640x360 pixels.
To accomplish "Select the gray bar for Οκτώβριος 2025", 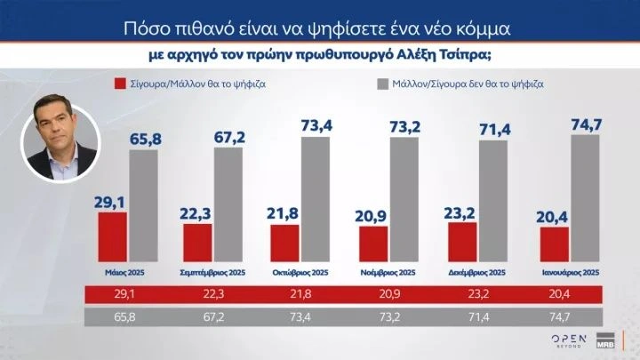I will pos(317,200).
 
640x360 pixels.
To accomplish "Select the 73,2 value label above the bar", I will pos(404,127).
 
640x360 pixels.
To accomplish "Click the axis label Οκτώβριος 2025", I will pos(302,271).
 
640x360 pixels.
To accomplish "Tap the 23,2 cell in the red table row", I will pos(476,294).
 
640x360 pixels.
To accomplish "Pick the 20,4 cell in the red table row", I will pos(566,294).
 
